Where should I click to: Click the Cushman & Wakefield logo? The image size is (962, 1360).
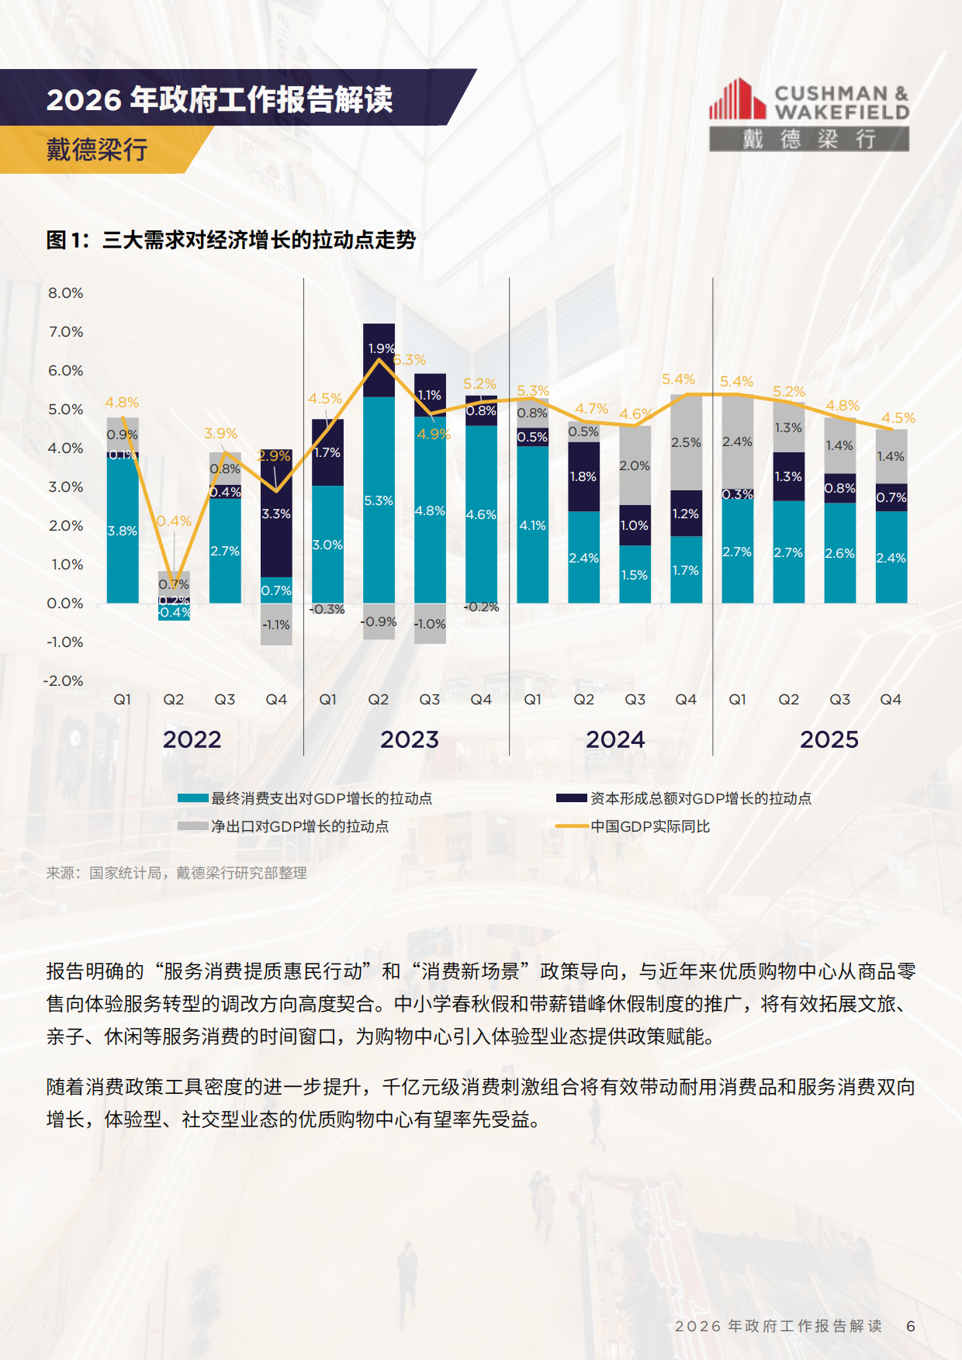808,114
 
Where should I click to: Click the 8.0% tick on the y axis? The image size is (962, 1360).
66,293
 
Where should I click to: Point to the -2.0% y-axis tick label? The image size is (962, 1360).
64,681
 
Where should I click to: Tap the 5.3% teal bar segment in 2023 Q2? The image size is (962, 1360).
379,500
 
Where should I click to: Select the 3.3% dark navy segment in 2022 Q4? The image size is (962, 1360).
276,514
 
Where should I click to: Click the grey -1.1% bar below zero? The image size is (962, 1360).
276,625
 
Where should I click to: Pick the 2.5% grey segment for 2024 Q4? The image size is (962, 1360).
686,442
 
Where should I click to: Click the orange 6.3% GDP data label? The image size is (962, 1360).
410,360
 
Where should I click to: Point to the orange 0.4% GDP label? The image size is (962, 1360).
174,521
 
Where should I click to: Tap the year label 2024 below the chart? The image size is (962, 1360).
615,739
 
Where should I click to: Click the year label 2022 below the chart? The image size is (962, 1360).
192,739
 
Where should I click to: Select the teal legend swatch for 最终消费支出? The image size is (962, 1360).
192,798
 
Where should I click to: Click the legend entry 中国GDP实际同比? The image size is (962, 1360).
650,826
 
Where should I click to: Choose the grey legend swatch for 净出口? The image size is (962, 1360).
192,826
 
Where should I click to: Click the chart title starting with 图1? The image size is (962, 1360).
230,240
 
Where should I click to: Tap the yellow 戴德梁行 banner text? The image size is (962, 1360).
97,149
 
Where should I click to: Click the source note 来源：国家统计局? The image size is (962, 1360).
176,873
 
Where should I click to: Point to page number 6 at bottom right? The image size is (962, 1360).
911,1326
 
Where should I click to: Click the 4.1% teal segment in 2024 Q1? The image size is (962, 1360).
532,525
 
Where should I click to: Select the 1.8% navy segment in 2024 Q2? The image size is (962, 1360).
583,476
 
